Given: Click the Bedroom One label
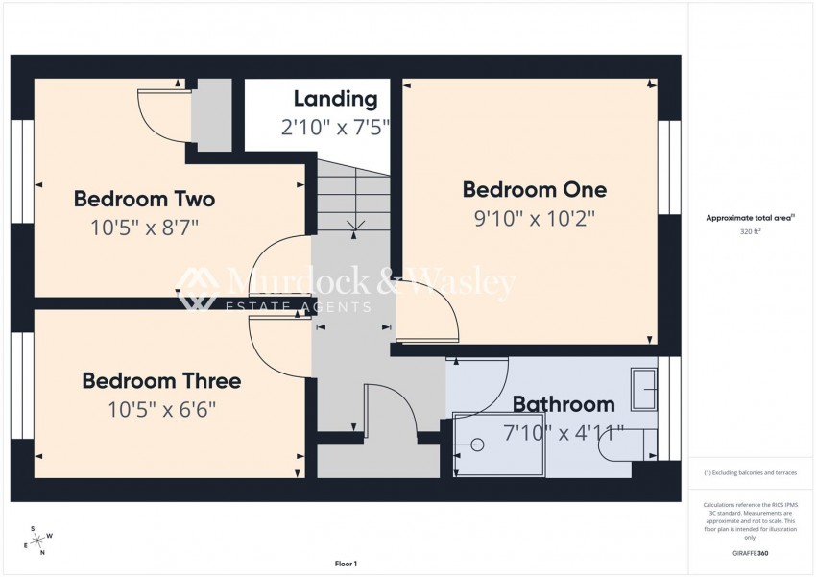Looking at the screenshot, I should (534, 189).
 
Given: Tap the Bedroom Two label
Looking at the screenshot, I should (144, 199).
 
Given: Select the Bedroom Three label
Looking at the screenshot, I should (161, 381).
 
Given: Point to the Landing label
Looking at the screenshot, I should (335, 98).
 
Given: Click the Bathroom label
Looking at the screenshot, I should (563, 403).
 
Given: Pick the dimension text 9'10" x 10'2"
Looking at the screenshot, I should (534, 218).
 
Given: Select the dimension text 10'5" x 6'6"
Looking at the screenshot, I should (161, 409).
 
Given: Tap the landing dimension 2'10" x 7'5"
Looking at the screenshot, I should (335, 126).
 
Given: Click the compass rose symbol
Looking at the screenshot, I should (37, 541).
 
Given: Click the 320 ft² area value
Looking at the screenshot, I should (749, 231).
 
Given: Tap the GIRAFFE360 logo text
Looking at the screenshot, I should (749, 553).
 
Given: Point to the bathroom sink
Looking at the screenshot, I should (643, 388).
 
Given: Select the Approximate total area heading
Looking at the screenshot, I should (749, 218).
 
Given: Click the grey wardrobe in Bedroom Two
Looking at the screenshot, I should (211, 114).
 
